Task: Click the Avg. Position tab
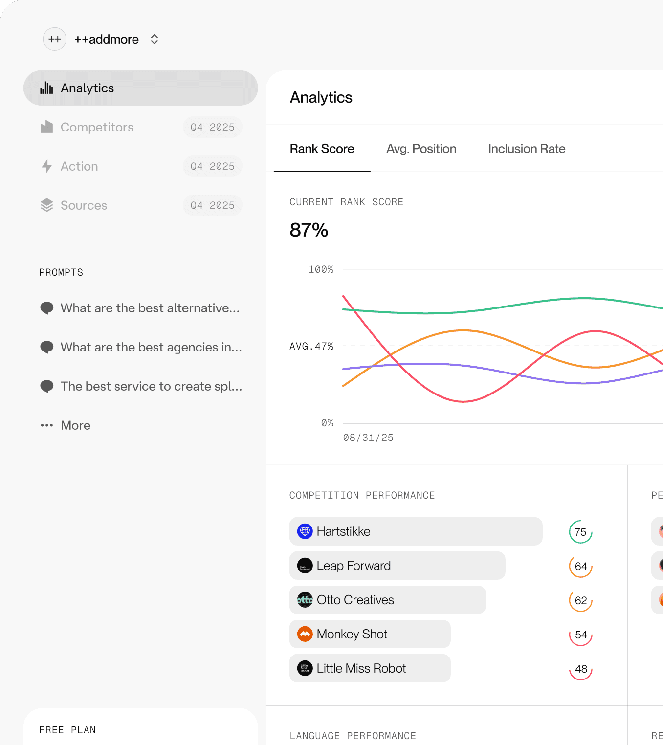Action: coord(421,149)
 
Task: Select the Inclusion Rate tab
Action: coord(527,149)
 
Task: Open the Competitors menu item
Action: coord(97,127)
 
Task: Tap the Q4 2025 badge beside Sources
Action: coord(212,205)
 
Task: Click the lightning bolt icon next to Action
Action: coord(47,166)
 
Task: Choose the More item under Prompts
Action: coord(75,425)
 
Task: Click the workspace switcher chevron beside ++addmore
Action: coord(155,39)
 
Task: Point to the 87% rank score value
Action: coord(309,230)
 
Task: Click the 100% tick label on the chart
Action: coord(321,269)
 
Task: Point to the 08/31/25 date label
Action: coord(368,438)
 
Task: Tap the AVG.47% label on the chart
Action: coord(311,346)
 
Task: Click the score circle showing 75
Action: coord(580,532)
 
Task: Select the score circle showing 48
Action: coord(580,669)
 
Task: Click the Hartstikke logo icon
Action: coord(305,531)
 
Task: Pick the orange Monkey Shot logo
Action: coord(305,634)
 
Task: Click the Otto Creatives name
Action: coord(355,600)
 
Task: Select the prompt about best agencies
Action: coord(151,347)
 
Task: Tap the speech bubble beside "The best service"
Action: coord(47,386)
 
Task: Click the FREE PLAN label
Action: coord(67,730)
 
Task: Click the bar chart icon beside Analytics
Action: coord(47,88)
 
